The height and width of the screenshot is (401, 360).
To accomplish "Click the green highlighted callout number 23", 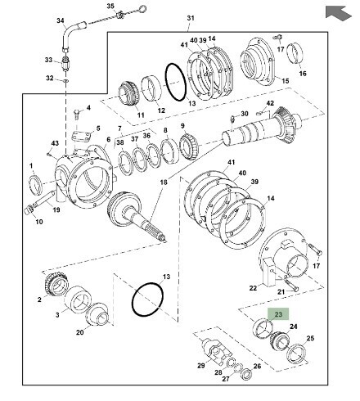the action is point(278,314).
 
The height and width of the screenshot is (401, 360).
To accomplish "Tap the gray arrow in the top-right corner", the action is point(338,13).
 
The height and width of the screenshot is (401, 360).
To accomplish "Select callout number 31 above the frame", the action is point(191,18).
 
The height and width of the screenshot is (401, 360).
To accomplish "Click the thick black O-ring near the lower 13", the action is point(147,300).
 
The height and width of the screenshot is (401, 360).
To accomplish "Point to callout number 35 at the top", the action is point(110,6).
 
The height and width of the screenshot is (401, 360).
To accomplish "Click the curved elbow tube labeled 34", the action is point(71,35).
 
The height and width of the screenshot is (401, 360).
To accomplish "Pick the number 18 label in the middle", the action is point(164,182).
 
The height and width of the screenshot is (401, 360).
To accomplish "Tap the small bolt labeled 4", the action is point(77,114).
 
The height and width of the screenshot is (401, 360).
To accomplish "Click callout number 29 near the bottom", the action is point(201,365).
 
